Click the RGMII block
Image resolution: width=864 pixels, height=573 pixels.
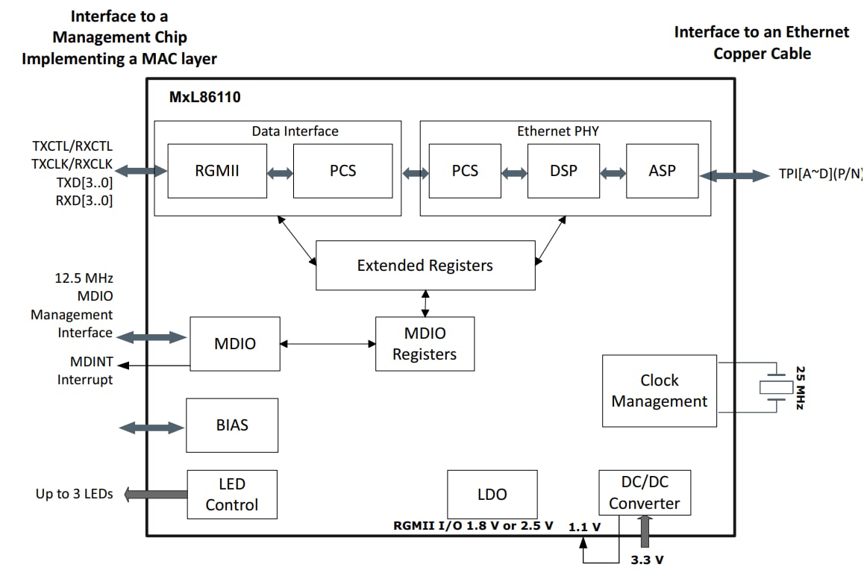[217, 171]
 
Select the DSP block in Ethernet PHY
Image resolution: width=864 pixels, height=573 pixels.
[563, 171]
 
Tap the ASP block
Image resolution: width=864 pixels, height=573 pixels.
[662, 171]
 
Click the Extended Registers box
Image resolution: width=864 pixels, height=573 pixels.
[425, 265]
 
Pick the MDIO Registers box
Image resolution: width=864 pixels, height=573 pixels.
[425, 343]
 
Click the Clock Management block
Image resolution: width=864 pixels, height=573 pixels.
[659, 390]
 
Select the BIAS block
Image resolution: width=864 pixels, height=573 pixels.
[231, 425]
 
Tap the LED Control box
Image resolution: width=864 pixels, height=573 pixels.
[231, 494]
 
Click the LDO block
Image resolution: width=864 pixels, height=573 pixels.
[492, 494]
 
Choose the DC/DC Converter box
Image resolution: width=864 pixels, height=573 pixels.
[644, 492]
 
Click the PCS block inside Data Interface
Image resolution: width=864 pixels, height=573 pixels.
[342, 171]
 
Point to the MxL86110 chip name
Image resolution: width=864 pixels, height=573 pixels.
[204, 97]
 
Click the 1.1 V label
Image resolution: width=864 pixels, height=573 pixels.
[584, 527]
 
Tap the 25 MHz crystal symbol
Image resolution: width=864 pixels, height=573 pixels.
[776, 386]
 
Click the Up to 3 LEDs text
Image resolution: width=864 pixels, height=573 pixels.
[75, 494]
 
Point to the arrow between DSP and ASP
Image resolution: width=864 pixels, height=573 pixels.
[613, 173]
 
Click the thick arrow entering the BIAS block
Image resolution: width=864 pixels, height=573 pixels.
[151, 428]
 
